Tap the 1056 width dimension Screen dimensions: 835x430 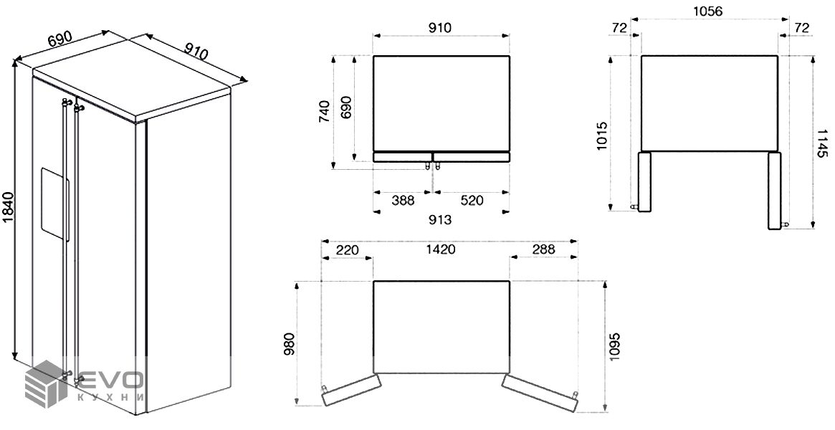point(707,11)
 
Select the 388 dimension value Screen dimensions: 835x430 point(403,201)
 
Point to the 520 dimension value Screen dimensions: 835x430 point(472,201)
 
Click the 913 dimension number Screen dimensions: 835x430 point(440,219)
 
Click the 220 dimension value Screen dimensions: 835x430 point(347,249)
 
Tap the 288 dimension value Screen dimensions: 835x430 point(543,249)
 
